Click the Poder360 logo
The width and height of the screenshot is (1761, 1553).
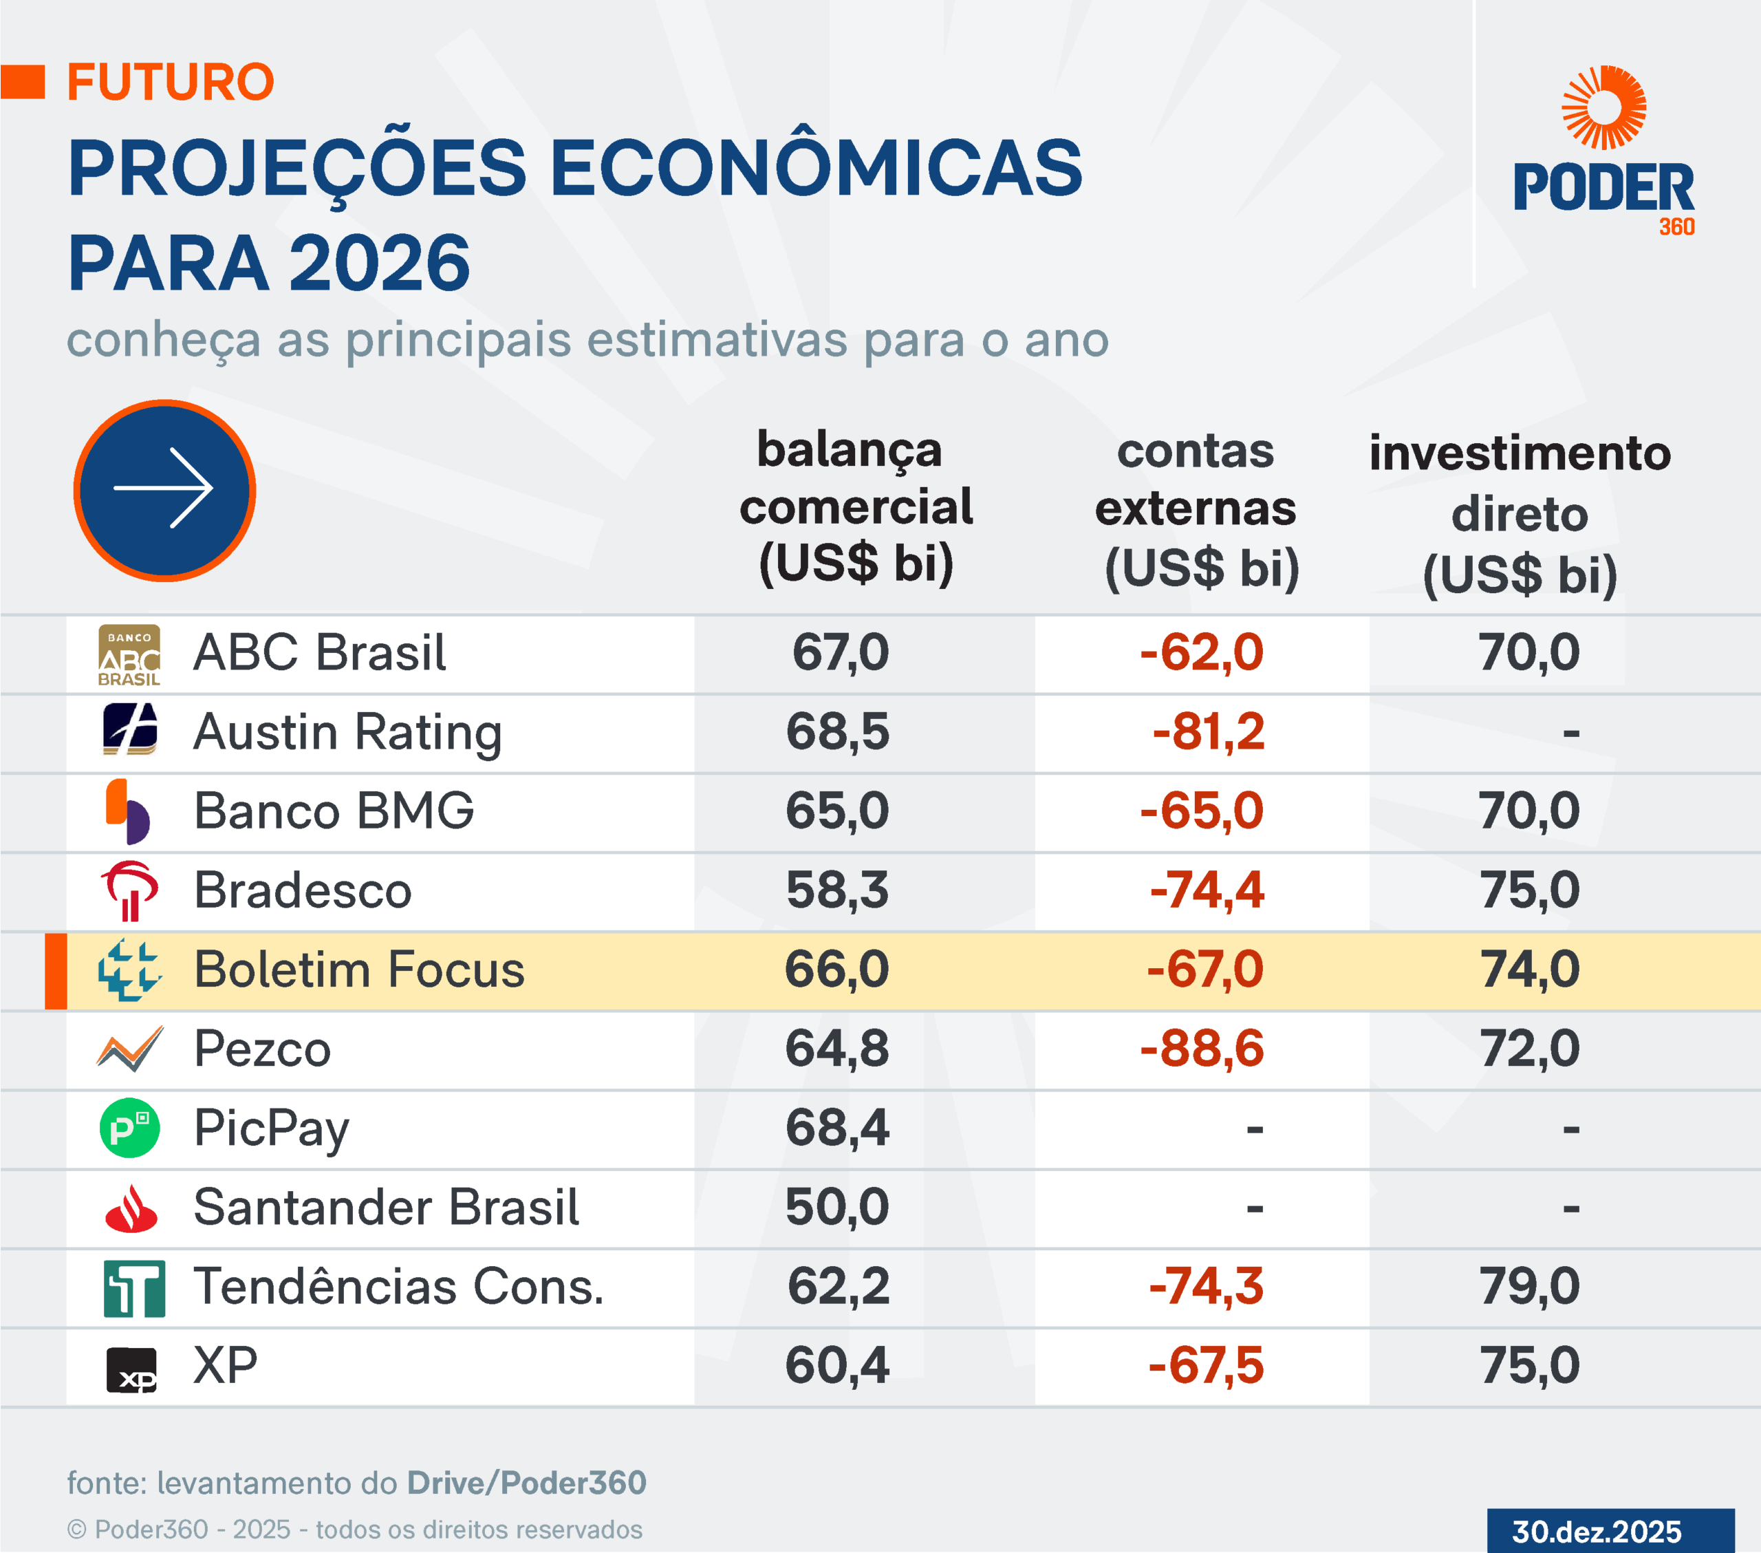(1603, 151)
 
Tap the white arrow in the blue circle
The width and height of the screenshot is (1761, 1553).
(164, 489)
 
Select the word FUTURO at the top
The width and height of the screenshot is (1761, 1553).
(171, 83)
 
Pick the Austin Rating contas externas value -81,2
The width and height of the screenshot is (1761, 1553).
(1208, 731)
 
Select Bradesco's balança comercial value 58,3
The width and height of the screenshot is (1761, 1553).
(837, 890)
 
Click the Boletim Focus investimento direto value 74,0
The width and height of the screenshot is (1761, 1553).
(1530, 970)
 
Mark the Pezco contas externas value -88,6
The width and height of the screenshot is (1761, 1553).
(1202, 1049)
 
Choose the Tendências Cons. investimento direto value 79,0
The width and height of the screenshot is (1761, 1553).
(1530, 1286)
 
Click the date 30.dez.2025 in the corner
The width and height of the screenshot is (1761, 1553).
(1597, 1532)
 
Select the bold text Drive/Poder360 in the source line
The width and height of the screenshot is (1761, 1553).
(526, 1482)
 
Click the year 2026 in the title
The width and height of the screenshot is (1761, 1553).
(379, 263)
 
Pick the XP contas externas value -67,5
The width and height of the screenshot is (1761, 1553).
(1206, 1366)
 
